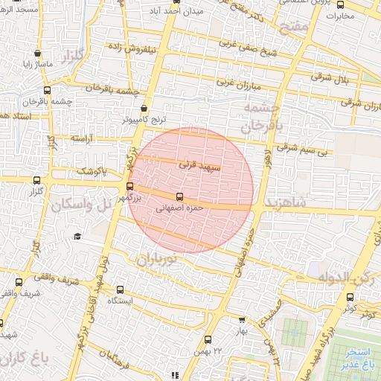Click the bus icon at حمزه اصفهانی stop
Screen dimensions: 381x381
coord(179,198)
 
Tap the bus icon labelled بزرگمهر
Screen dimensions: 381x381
coord(130,187)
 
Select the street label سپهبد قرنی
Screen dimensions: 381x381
coord(200,168)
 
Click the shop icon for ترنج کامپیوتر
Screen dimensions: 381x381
coord(144,108)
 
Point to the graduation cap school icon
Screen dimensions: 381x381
coord(77,236)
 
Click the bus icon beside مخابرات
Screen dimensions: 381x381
coord(340,5)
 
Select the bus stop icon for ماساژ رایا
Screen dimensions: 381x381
coord(37,54)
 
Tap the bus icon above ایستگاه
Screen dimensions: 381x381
coord(118,289)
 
